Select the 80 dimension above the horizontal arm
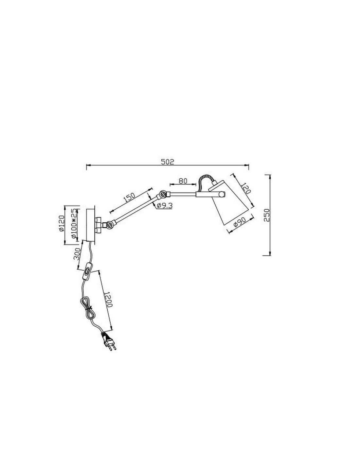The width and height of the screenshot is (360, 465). pyautogui.click(x=183, y=180)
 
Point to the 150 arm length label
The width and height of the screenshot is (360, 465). pyautogui.click(x=129, y=197)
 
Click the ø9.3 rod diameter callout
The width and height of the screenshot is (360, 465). pyautogui.click(x=164, y=205)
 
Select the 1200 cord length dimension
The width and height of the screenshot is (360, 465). pyautogui.click(x=108, y=298)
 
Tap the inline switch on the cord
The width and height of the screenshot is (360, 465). pyautogui.click(x=88, y=271)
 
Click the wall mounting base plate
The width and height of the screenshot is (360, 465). pyautogui.click(x=89, y=224)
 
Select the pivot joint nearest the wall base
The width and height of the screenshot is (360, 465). pyautogui.click(x=110, y=225)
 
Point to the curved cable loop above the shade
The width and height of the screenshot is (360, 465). pyautogui.click(x=205, y=180)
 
